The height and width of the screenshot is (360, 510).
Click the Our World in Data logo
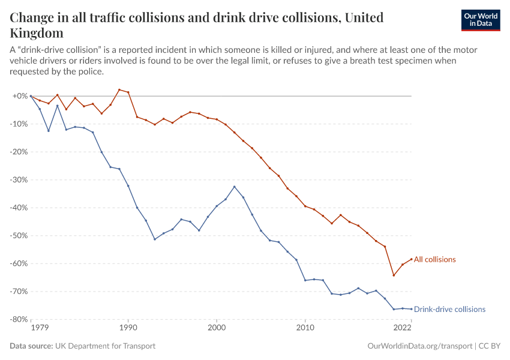pos(480,20)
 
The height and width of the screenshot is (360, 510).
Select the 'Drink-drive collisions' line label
pos(449,310)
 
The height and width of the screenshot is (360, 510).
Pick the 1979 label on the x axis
pos(40,329)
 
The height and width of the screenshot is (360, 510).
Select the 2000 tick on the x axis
pos(217,329)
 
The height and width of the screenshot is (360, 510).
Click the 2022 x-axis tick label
pos(402,329)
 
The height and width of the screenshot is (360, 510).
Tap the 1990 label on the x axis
pos(128,329)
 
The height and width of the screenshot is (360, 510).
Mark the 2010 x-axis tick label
pos(305,329)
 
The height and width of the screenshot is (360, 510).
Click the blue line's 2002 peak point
pos(235,187)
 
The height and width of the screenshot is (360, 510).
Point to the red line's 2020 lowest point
pos(394,275)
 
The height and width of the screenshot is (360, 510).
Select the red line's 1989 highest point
pos(119,89)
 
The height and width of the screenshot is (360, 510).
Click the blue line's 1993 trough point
pos(155,239)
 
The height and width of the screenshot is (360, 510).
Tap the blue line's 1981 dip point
pos(49,131)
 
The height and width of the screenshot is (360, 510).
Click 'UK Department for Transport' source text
pos(105,346)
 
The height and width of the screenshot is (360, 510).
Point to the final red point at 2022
pos(411,259)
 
